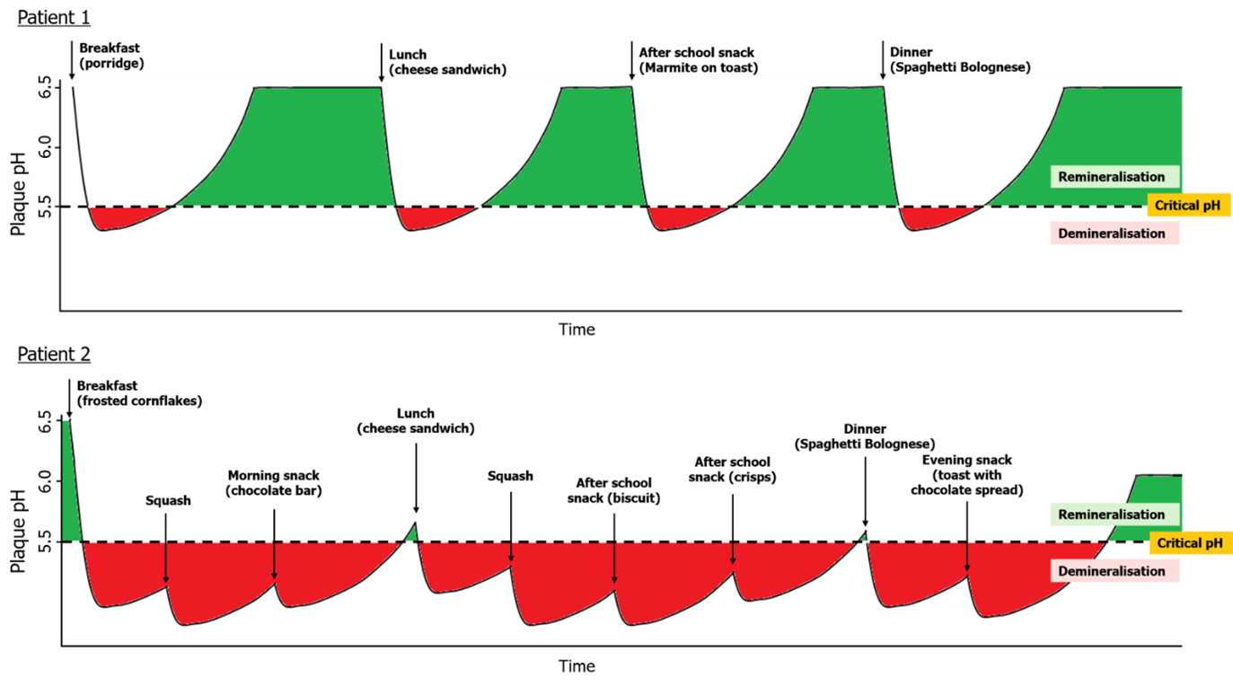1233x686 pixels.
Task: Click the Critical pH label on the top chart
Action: (1188, 206)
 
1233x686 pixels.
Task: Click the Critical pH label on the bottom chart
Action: (1190, 543)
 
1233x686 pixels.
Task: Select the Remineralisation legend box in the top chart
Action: (1111, 177)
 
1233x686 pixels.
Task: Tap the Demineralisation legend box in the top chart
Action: (1111, 233)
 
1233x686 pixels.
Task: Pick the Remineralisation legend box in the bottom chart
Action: (1111, 514)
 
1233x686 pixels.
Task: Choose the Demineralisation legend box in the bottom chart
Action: (1111, 571)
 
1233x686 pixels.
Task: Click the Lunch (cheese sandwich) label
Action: (416, 421)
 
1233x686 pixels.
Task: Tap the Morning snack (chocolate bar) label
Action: (274, 483)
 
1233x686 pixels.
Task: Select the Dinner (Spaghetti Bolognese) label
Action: (865, 436)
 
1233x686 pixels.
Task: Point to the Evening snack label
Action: (967, 475)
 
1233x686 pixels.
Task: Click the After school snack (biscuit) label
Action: (614, 490)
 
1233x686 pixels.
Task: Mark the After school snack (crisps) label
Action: (733, 470)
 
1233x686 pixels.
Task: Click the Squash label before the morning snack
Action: (168, 500)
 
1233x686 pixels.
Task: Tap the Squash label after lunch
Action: (510, 476)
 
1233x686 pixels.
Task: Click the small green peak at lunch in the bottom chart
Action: (412, 533)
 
